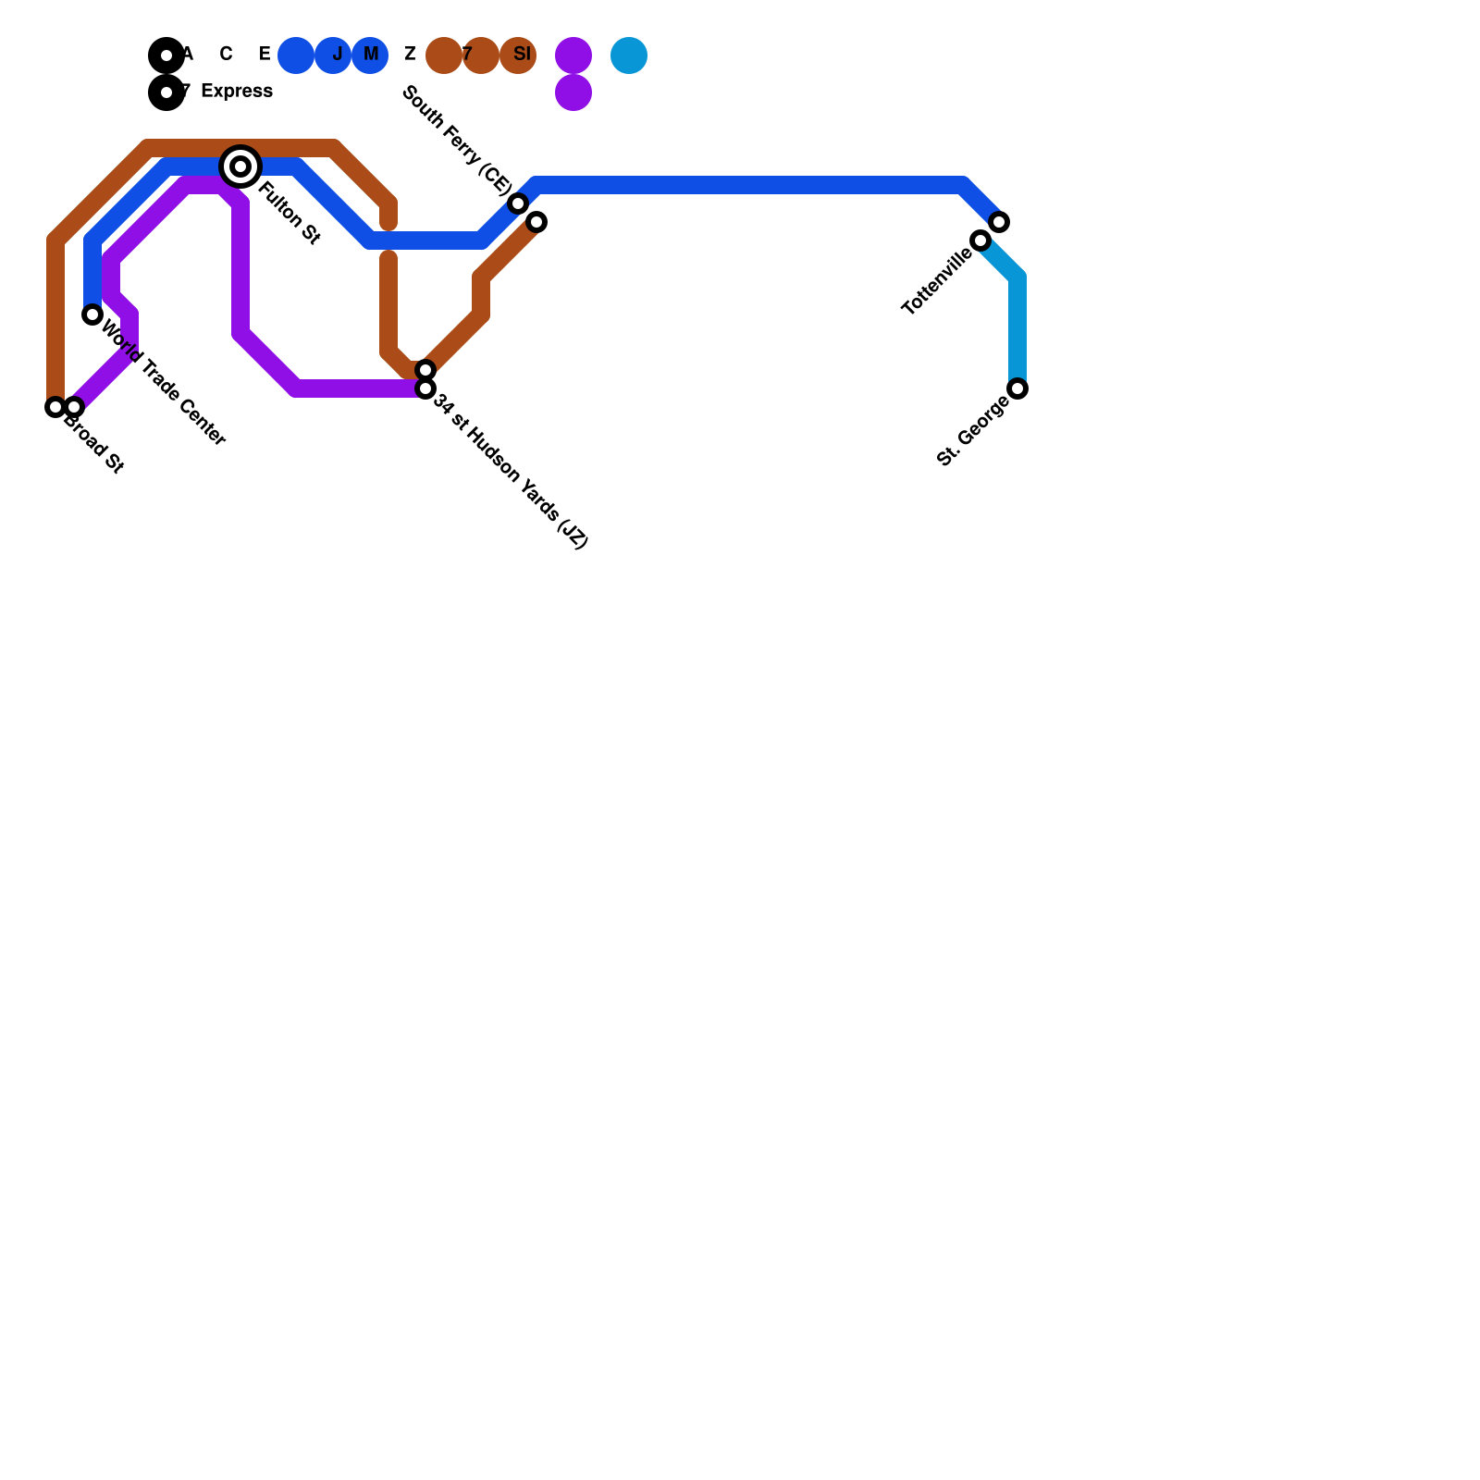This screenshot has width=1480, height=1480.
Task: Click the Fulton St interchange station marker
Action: tap(240, 166)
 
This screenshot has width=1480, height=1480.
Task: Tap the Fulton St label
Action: tap(289, 214)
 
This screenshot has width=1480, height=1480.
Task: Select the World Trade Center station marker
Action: tap(92, 314)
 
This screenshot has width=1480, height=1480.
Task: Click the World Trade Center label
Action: tap(163, 382)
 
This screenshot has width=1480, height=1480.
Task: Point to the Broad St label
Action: tap(93, 447)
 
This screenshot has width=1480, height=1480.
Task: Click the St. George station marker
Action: tap(1017, 388)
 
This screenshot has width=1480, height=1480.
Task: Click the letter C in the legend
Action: tap(226, 55)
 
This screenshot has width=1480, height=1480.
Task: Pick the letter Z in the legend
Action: tap(410, 55)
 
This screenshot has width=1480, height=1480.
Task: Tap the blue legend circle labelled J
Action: tap(333, 55)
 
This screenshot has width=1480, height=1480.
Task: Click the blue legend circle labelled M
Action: tap(370, 55)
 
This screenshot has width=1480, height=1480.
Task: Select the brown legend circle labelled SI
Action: tap(518, 55)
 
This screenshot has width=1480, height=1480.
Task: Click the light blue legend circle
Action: tap(629, 55)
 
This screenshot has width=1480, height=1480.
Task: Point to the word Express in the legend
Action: tap(237, 92)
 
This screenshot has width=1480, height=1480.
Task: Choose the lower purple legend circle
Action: tap(573, 92)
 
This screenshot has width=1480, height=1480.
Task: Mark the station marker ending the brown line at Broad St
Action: tap(55, 407)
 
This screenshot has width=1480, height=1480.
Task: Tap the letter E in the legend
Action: tap(265, 55)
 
